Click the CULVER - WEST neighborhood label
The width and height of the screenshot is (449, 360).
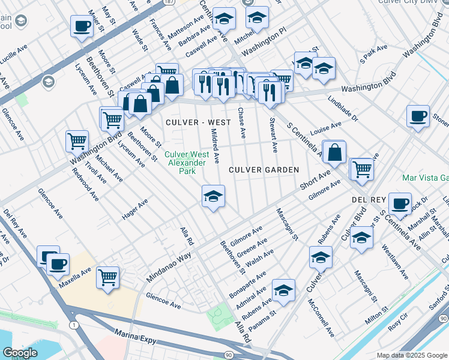click(197, 122)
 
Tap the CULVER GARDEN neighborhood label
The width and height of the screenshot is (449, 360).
click(264, 170)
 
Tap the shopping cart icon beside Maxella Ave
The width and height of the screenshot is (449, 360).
click(108, 278)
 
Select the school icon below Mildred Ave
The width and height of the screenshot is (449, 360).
click(213, 197)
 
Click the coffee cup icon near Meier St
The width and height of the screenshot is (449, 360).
click(82, 27)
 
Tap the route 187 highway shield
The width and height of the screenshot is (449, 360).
click(169, 2)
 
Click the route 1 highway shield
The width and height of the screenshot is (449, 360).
click(73, 325)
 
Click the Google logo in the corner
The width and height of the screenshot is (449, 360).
click(20, 353)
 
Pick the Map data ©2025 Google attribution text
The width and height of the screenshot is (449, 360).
click(412, 355)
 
